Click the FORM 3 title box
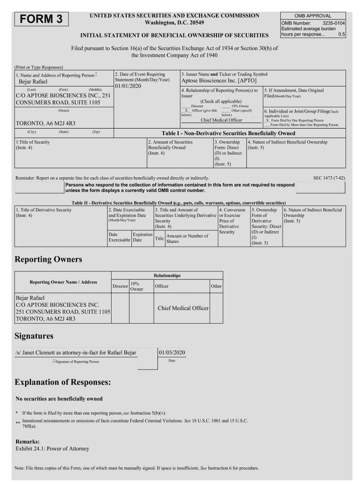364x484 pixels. [42, 19]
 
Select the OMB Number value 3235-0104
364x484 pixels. [334, 23]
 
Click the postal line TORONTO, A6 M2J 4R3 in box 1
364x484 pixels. [45, 123]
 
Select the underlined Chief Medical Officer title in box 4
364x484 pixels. [221, 120]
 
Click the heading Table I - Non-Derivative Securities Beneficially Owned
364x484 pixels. [228, 133]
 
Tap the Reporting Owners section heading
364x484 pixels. [48, 259]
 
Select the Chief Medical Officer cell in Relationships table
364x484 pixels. [183, 308]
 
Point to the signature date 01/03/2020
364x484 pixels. [172, 353]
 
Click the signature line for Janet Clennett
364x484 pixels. [76, 353]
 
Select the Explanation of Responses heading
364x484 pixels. [63, 381]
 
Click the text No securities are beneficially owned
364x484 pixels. [59, 398]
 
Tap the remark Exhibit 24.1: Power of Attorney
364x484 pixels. [52, 449]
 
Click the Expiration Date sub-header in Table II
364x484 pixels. [142, 237]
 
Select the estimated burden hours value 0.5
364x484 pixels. [342, 35]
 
